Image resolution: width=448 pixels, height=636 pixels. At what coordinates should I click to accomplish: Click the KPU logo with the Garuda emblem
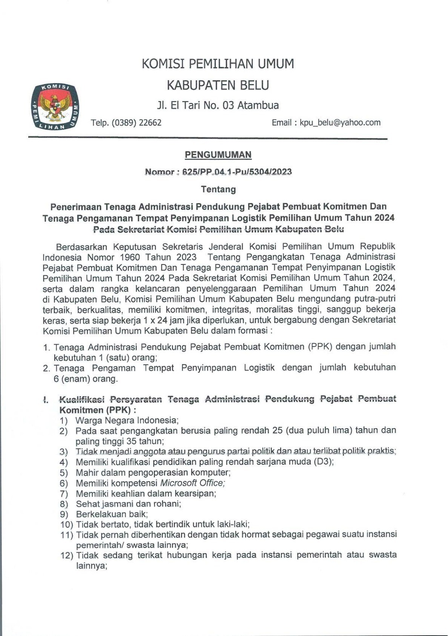pyautogui.click(x=55, y=107)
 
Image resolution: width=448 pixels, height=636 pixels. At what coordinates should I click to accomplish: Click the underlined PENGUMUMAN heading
pyautogui.click(x=218, y=155)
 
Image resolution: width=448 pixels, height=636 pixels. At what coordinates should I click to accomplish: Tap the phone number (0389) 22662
pyautogui.click(x=137, y=123)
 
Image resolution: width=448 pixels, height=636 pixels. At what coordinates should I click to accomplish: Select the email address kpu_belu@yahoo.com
pyautogui.click(x=340, y=123)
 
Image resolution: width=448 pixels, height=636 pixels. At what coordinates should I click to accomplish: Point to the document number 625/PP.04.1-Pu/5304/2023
pyautogui.click(x=237, y=172)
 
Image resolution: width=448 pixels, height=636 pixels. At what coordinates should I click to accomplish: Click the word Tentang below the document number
pyautogui.click(x=218, y=189)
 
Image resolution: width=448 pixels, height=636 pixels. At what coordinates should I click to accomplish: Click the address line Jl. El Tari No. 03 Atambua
pyautogui.click(x=218, y=105)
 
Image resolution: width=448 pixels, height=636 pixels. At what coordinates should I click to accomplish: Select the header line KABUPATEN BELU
pyautogui.click(x=218, y=85)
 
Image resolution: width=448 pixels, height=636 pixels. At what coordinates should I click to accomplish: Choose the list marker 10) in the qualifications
pyautogui.click(x=67, y=524)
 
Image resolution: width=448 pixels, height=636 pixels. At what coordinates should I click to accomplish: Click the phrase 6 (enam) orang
pyautogui.click(x=86, y=379)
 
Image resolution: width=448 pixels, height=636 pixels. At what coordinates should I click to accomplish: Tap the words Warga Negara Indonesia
pyautogui.click(x=127, y=420)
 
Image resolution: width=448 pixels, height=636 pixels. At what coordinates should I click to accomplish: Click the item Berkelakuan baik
pyautogui.click(x=112, y=514)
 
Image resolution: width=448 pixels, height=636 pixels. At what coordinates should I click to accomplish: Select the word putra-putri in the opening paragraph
pyautogui.click(x=375, y=299)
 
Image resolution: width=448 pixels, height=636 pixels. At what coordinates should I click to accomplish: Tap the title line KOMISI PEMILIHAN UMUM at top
pyautogui.click(x=218, y=64)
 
